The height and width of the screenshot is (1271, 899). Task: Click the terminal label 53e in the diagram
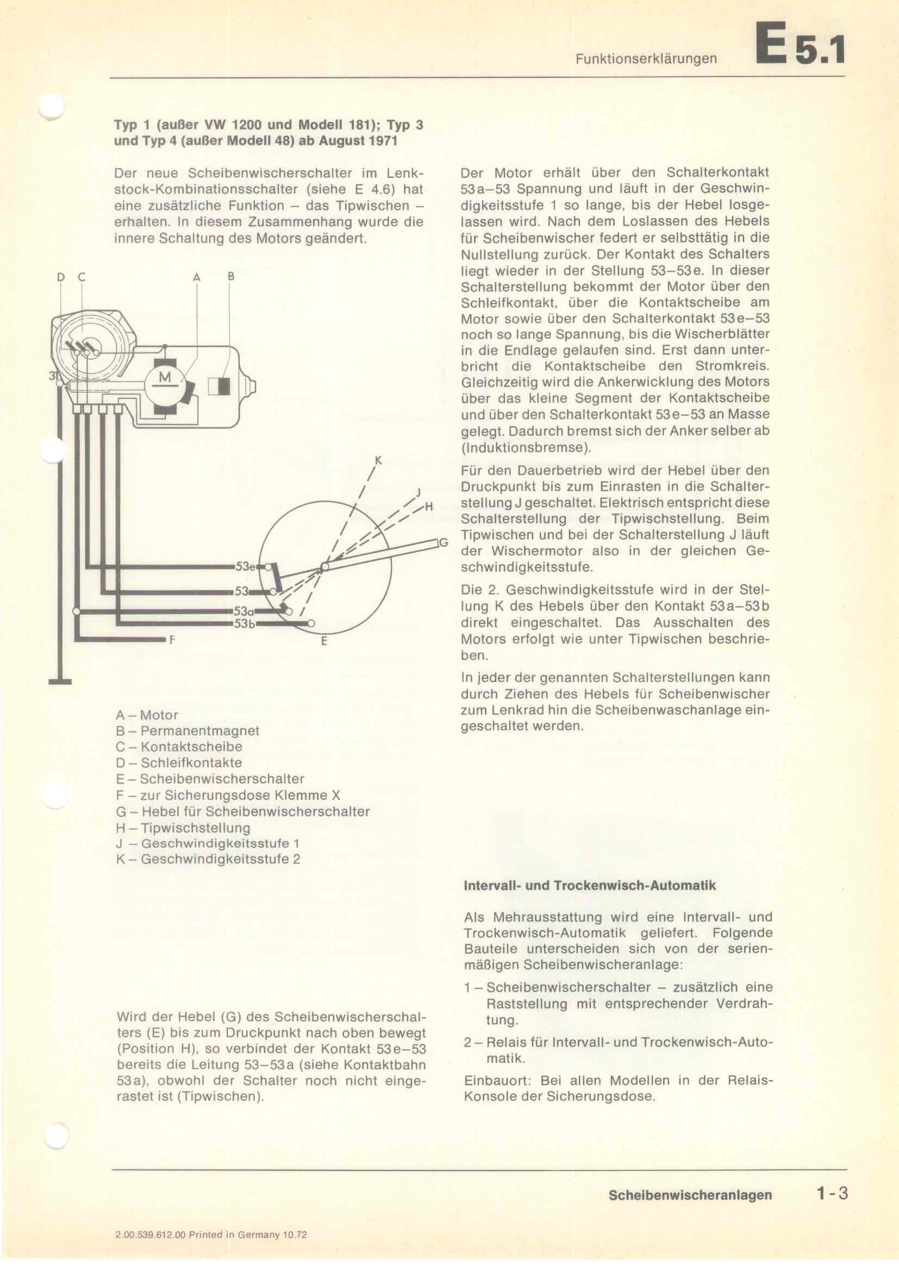244,566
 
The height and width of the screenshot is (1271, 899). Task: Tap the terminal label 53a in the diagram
244,611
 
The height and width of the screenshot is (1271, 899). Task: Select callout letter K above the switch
379,460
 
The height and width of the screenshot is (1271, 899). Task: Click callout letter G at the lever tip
443,542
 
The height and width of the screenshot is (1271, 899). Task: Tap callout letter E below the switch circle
324,642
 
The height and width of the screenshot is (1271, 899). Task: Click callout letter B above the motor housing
231,276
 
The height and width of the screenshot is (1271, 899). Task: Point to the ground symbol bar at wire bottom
60,681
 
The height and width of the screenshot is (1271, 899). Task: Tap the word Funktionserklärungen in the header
646,59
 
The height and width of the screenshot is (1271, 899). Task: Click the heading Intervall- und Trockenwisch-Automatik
589,885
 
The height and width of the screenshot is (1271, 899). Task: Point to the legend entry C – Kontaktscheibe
179,746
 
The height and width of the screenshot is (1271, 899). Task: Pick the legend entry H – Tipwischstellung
183,828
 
